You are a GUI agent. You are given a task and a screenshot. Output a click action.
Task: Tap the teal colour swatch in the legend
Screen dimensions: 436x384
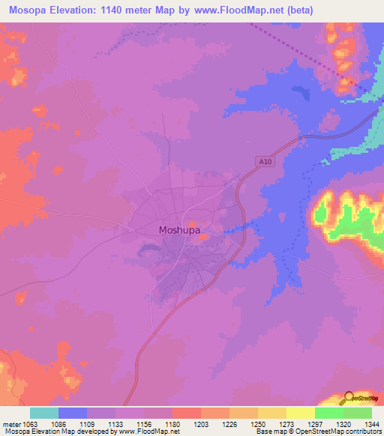pyautogui.click(x=44, y=413)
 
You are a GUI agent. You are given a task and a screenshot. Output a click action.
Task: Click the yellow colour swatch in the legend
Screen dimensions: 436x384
pyautogui.click(x=301, y=413)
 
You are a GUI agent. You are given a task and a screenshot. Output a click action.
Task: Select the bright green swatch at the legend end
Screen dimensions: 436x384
pyautogui.click(x=358, y=413)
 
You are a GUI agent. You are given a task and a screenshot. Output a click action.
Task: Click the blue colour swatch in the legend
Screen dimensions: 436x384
pyautogui.click(x=73, y=413)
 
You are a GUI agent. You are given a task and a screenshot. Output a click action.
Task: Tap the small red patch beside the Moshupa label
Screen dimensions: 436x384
pyautogui.click(x=193, y=223)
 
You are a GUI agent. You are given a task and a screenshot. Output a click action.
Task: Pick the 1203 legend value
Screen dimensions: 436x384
pyautogui.click(x=202, y=423)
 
